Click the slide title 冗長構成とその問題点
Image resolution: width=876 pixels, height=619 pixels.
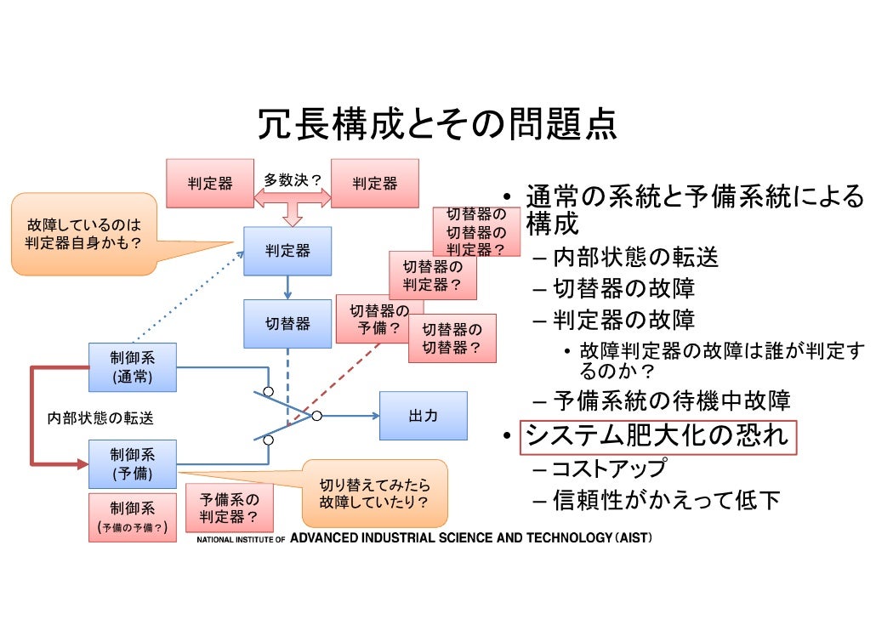click(x=437, y=126)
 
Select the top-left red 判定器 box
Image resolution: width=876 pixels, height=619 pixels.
click(x=209, y=183)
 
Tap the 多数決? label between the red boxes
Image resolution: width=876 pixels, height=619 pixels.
click(x=292, y=180)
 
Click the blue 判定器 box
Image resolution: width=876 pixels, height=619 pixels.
click(x=287, y=251)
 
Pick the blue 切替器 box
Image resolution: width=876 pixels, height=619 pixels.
click(x=287, y=324)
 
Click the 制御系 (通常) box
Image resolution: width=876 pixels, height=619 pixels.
click(x=133, y=366)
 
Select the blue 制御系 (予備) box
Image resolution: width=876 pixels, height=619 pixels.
click(x=133, y=463)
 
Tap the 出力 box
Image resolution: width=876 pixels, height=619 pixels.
click(x=423, y=416)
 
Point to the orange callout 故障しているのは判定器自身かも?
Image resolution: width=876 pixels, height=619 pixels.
click(x=83, y=234)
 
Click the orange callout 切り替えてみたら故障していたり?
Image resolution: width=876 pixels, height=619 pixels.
click(x=374, y=493)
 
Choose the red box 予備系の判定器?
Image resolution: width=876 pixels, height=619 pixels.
click(x=229, y=508)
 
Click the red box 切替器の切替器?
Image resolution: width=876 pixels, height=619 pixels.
click(x=452, y=338)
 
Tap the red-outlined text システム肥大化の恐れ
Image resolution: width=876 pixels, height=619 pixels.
click(x=657, y=436)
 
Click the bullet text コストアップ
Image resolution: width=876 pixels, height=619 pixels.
click(x=609, y=469)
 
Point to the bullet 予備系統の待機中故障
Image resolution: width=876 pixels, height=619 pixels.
click(x=672, y=400)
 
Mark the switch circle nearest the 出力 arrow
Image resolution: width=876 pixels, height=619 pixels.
click(x=316, y=416)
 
